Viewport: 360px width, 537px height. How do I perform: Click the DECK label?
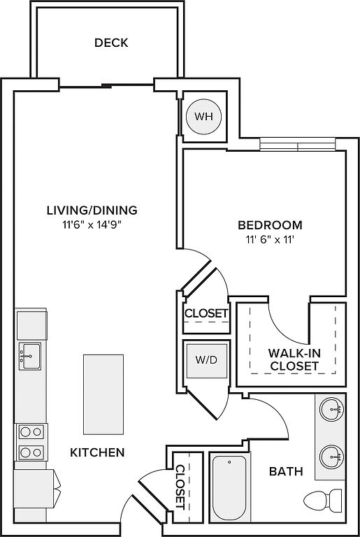tap(111, 43)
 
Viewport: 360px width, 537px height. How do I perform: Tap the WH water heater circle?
tap(204, 117)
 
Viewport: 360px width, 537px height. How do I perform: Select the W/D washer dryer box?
tap(206, 360)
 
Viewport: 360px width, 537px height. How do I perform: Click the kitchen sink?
tap(30, 356)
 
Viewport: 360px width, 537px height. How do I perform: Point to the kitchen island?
tap(103, 394)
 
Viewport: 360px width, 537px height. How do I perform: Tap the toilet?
tap(323, 500)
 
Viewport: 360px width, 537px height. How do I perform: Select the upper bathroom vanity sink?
tap(332, 408)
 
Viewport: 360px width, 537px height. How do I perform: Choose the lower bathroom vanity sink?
tap(332, 457)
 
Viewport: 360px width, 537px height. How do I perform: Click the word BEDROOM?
tap(271, 225)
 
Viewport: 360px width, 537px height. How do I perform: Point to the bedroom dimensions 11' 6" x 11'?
tap(271, 240)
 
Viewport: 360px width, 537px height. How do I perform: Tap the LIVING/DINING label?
tap(92, 210)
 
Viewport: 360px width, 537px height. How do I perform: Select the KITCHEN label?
tap(97, 452)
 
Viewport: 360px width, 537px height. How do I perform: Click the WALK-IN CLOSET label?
tap(294, 359)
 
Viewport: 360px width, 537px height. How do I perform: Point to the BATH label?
tap(286, 471)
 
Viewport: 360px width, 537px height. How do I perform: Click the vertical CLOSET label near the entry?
tap(180, 487)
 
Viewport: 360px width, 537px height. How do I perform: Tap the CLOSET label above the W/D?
tap(206, 313)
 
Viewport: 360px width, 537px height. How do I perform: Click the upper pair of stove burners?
tap(31, 432)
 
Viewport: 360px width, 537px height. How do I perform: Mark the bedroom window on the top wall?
tap(297, 144)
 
